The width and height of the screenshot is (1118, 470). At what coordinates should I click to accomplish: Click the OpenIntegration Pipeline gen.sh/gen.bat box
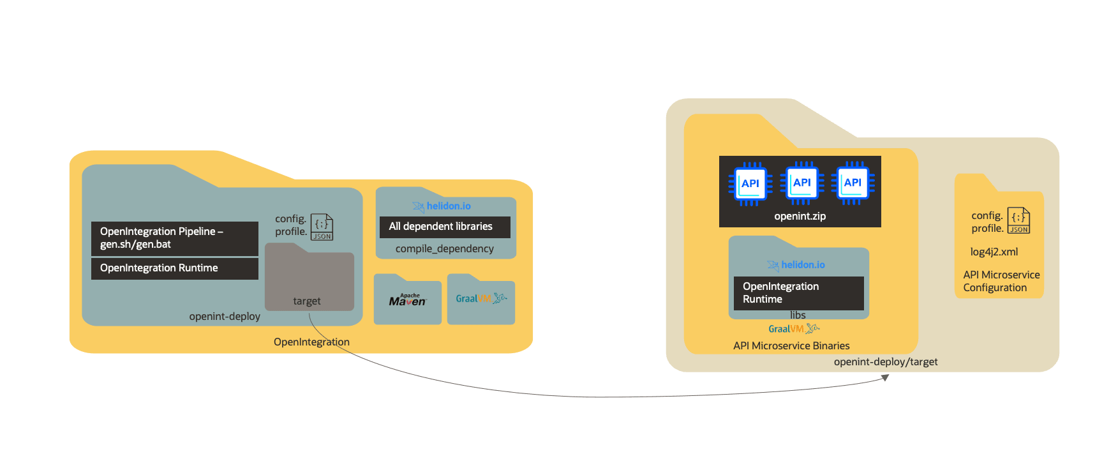pyautogui.click(x=174, y=238)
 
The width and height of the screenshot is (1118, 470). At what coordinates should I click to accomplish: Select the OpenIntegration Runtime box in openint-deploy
pyautogui.click(x=174, y=268)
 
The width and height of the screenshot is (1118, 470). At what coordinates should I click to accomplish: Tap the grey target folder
pyautogui.click(x=309, y=281)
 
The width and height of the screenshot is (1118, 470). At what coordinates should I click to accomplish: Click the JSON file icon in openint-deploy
pyautogui.click(x=322, y=227)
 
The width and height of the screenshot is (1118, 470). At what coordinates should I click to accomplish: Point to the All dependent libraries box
pyautogui.click(x=445, y=227)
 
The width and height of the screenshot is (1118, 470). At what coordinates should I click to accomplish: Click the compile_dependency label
pyautogui.click(x=445, y=248)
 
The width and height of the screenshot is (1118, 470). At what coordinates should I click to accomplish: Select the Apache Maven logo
pyautogui.click(x=407, y=300)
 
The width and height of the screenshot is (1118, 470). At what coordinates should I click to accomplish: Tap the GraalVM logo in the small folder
pyautogui.click(x=481, y=298)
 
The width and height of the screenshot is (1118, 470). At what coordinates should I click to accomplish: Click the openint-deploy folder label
pyautogui.click(x=225, y=316)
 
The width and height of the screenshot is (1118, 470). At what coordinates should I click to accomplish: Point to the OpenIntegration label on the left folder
pyautogui.click(x=311, y=342)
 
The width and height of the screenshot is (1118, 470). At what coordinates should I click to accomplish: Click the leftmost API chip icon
pyautogui.click(x=750, y=183)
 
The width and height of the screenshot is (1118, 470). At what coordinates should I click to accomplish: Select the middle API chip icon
pyautogui.click(x=801, y=183)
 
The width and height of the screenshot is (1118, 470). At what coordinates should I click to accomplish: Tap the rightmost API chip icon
pyautogui.click(x=853, y=183)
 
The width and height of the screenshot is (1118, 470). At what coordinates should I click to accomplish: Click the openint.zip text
pyautogui.click(x=800, y=216)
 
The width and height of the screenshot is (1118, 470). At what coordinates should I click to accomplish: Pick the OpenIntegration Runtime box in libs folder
pyautogui.click(x=798, y=293)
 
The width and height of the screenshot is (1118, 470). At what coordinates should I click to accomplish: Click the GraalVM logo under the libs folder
pyautogui.click(x=794, y=329)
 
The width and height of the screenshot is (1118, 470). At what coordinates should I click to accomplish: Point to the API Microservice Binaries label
pyautogui.click(x=791, y=345)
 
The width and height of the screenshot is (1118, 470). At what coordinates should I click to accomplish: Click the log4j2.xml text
pyautogui.click(x=994, y=252)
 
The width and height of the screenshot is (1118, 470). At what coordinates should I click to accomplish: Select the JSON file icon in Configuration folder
pyautogui.click(x=1018, y=220)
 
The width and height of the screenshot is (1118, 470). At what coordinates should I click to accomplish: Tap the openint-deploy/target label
pyautogui.click(x=885, y=361)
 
